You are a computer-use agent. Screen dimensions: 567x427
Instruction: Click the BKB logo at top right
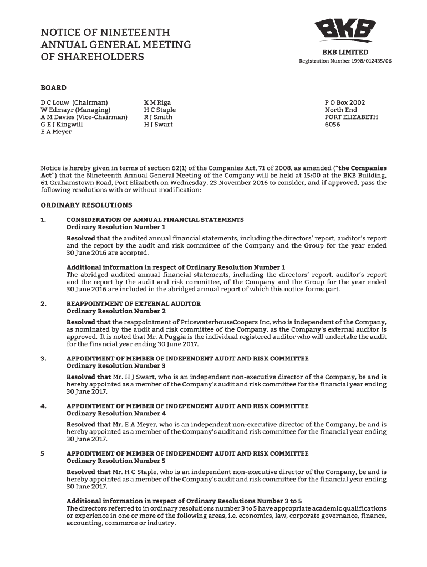coord(345,31)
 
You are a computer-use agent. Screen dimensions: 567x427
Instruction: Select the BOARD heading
coord(53,87)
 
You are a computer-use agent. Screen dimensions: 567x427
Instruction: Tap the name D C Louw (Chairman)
coord(74,102)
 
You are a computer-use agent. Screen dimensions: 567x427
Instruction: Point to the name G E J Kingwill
coord(62,125)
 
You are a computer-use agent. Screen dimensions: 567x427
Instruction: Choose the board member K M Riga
coord(157,102)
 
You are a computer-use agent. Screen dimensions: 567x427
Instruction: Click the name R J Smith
coord(158,117)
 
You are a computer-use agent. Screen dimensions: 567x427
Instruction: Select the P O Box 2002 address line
coord(345,102)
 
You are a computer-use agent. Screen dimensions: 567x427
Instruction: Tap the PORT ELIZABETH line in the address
coord(351,117)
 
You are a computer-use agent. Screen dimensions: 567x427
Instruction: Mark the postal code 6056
coord(332,125)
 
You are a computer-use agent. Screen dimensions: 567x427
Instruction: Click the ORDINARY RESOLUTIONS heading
coord(87,205)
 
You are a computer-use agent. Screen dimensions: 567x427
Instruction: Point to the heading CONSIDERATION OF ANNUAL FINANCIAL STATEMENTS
coord(155,220)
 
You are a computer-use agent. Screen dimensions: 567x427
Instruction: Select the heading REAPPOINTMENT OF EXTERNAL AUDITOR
coord(134,304)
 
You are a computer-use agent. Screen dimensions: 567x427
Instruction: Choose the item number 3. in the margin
coord(43,359)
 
